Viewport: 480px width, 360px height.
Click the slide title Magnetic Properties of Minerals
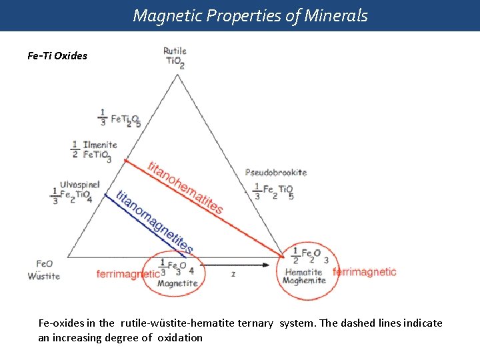[250, 15]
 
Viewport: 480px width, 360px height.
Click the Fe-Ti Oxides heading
[57, 56]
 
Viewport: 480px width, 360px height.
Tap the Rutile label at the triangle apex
[175, 51]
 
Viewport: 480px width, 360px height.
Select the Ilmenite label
[100, 145]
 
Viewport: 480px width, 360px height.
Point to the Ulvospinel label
[80, 185]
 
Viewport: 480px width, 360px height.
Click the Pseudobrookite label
[276, 172]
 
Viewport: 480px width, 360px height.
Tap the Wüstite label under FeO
[44, 276]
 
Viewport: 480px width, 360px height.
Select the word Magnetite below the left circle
[177, 283]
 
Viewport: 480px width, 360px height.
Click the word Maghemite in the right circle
[304, 281]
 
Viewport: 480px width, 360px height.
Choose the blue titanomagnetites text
[155, 223]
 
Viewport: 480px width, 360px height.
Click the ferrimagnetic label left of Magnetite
[128, 273]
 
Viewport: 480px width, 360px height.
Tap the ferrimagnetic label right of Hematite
[364, 272]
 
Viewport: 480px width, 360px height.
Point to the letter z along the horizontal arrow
[233, 273]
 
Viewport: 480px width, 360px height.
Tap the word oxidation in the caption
[180, 338]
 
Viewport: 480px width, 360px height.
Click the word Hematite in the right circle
[303, 272]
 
